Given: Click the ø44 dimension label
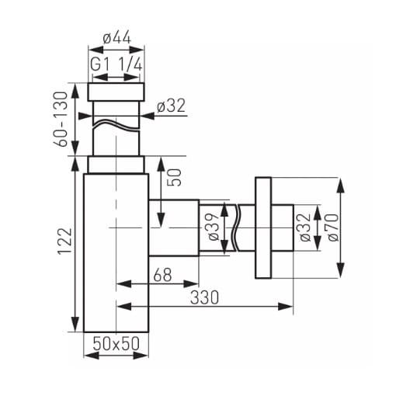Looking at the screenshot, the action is click(x=116, y=38).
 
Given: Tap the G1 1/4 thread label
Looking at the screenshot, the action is click(x=116, y=64).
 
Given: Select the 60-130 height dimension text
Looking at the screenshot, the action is click(x=61, y=119).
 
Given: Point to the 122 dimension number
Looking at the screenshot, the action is click(x=64, y=241).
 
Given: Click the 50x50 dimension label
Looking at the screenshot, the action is click(x=116, y=343).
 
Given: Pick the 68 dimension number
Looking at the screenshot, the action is click(x=162, y=275).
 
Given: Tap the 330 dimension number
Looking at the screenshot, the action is click(x=204, y=297).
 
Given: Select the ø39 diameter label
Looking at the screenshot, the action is click(x=214, y=227).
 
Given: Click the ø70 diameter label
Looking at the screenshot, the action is click(x=333, y=228).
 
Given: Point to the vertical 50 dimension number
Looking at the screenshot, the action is click(x=175, y=177).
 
